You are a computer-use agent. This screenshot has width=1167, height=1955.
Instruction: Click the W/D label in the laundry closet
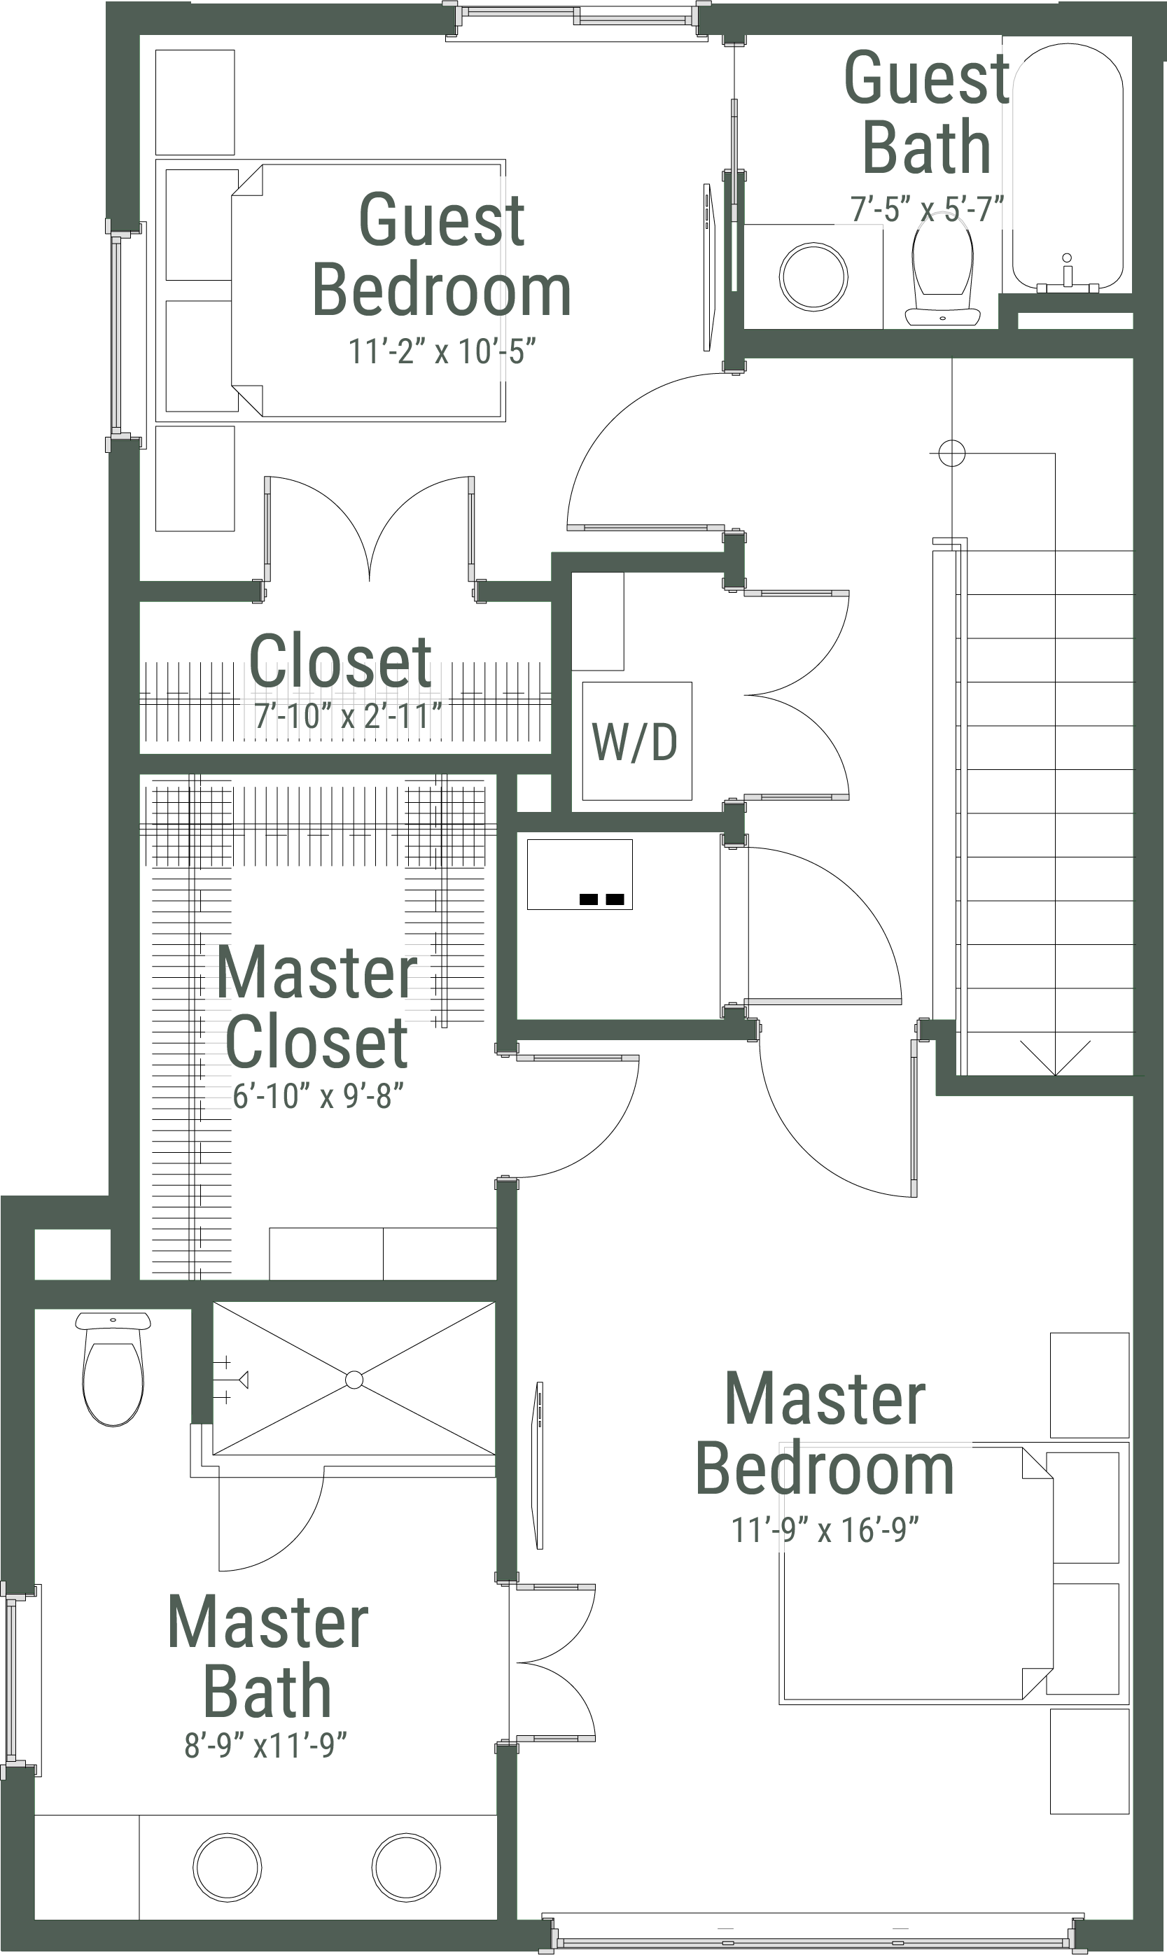point(635,741)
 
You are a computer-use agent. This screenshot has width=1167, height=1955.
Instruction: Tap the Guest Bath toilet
point(943,271)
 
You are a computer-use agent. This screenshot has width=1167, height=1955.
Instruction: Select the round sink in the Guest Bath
point(813,276)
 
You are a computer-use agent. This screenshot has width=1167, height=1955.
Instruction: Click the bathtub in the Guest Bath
point(1067,165)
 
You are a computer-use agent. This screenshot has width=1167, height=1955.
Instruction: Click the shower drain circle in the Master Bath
point(354,1380)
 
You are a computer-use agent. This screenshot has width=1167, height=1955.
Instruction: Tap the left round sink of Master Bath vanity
point(228,1867)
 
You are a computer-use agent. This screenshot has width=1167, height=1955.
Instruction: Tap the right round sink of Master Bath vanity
point(406,1867)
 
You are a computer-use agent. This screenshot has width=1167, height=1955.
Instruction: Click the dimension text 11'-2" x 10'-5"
point(442,351)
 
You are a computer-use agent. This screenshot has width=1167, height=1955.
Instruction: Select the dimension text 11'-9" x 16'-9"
point(825,1529)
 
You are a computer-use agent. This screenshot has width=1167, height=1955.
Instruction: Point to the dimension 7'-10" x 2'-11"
point(349,715)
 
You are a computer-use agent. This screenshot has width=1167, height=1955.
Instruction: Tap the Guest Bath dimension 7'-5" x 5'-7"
point(927,209)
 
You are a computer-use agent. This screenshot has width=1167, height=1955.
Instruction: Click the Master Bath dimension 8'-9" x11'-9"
point(266,1745)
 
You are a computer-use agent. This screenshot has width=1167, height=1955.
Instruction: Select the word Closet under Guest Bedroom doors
point(340,662)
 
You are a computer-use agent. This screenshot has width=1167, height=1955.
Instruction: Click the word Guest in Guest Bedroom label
point(441,220)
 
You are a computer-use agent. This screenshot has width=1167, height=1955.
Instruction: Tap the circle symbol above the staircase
point(951,454)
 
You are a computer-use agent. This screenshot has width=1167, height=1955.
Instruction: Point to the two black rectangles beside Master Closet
point(601,899)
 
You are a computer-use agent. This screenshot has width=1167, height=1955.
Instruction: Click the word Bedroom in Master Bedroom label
point(824,1470)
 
